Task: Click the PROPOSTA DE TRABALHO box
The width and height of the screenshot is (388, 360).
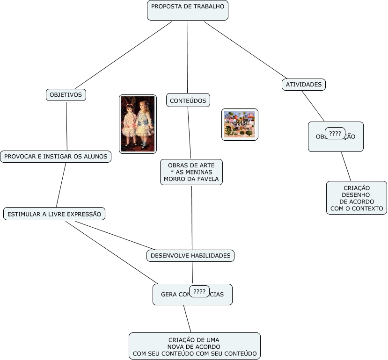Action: [x=187, y=10]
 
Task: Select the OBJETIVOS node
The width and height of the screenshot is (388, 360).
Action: [x=66, y=95]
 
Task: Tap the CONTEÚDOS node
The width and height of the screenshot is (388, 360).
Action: [x=188, y=101]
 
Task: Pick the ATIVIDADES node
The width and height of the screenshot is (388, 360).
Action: [x=304, y=85]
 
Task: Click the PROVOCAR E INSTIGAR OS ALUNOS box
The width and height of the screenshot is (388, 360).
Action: [x=56, y=157]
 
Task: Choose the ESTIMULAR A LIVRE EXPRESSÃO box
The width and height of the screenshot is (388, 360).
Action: [x=54, y=214]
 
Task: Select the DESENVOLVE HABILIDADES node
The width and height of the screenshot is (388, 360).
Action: [x=190, y=256]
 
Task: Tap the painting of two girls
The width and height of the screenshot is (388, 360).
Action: [x=138, y=124]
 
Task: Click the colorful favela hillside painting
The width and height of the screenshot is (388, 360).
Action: [x=240, y=125]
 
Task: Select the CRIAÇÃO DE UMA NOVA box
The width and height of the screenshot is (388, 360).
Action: [x=194, y=346]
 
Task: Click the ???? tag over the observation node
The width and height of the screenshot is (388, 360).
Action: [x=335, y=134]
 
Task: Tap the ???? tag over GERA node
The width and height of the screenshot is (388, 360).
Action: [x=199, y=292]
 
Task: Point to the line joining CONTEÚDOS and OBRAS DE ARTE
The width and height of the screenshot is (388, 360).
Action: [x=190, y=133]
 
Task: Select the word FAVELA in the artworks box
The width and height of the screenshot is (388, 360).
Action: [x=208, y=179]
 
